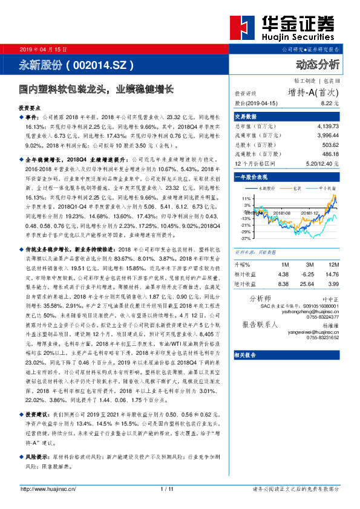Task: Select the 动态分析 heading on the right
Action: [318, 63]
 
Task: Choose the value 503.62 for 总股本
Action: [332, 145]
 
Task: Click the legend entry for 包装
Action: [296, 188]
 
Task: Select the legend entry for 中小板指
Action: [324, 188]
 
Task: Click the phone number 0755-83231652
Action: [321, 338]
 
